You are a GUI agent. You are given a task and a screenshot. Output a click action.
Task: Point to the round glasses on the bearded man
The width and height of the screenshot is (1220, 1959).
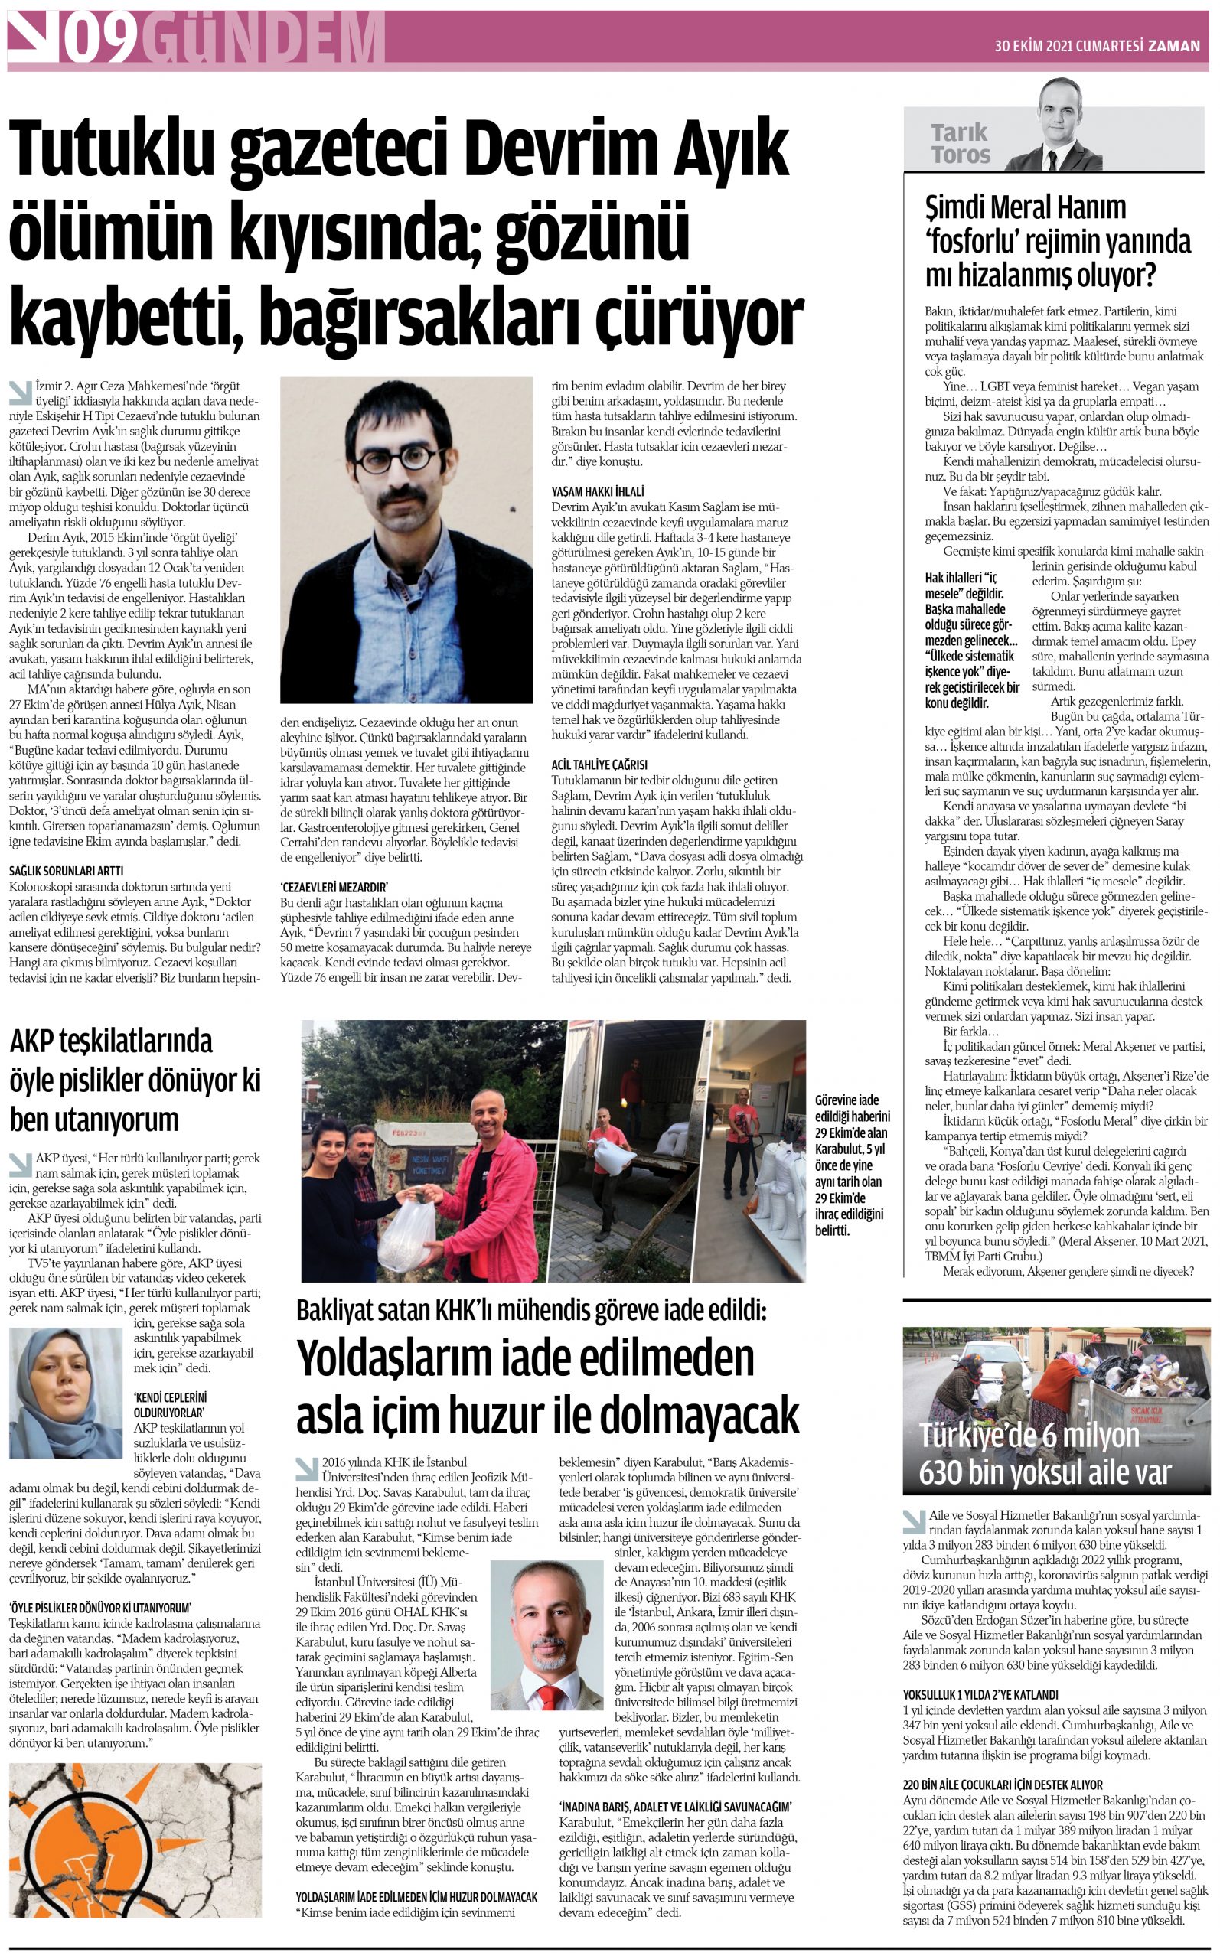[396, 460]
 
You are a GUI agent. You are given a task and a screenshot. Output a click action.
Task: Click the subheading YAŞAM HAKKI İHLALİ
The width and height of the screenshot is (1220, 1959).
[598, 491]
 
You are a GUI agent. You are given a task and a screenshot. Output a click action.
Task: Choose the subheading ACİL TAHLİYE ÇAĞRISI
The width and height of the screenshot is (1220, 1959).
[599, 764]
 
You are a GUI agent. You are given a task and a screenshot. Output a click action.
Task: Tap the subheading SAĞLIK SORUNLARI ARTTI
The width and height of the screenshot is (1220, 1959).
[66, 871]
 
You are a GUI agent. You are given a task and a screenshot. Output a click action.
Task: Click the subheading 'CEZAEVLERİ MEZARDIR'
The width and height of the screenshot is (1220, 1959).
[335, 886]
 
